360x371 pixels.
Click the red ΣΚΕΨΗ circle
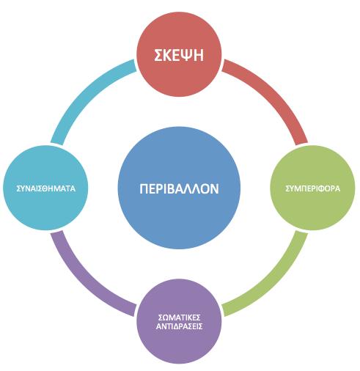(x=179, y=54)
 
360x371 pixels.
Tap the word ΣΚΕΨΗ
(x=179, y=55)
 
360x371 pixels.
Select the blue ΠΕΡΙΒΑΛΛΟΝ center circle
(x=179, y=188)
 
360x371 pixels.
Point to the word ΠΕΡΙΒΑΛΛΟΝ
(x=179, y=189)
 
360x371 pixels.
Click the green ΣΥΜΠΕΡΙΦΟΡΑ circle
(x=312, y=188)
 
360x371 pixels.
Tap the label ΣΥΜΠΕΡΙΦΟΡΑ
(x=313, y=188)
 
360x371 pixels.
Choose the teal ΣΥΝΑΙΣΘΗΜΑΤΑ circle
(x=45, y=188)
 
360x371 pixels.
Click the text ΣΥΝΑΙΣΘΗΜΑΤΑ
(x=46, y=188)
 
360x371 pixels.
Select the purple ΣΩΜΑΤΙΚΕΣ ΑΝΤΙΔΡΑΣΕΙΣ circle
(x=179, y=321)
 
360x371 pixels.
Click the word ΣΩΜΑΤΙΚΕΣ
(x=180, y=317)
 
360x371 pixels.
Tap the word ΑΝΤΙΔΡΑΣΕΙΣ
(x=180, y=326)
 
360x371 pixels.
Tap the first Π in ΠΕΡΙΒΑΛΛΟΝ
(x=144, y=189)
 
